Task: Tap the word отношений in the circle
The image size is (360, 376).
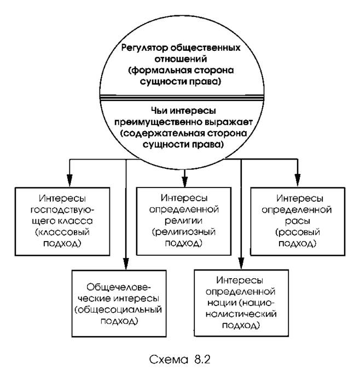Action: coord(181,59)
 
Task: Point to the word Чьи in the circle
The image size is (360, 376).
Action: coord(159,111)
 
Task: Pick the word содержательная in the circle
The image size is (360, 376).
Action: coord(162,133)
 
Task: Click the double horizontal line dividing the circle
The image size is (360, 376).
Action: coord(182,97)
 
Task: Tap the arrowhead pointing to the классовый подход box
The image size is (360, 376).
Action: coord(69,180)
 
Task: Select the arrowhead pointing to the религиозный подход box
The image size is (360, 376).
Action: coord(184,181)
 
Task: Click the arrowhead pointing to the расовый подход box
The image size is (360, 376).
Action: coord(298,180)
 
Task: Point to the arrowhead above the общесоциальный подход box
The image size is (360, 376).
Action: coord(126,264)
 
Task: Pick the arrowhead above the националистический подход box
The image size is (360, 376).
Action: coord(241,263)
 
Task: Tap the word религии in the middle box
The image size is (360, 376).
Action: coord(184,221)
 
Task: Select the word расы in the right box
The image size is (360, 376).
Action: coord(298,221)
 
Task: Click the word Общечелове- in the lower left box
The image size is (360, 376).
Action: coord(119,287)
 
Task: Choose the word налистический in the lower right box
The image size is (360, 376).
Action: coord(241,314)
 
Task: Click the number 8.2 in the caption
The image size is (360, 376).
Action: coord(202,360)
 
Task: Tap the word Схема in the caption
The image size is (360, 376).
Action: coord(169,360)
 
